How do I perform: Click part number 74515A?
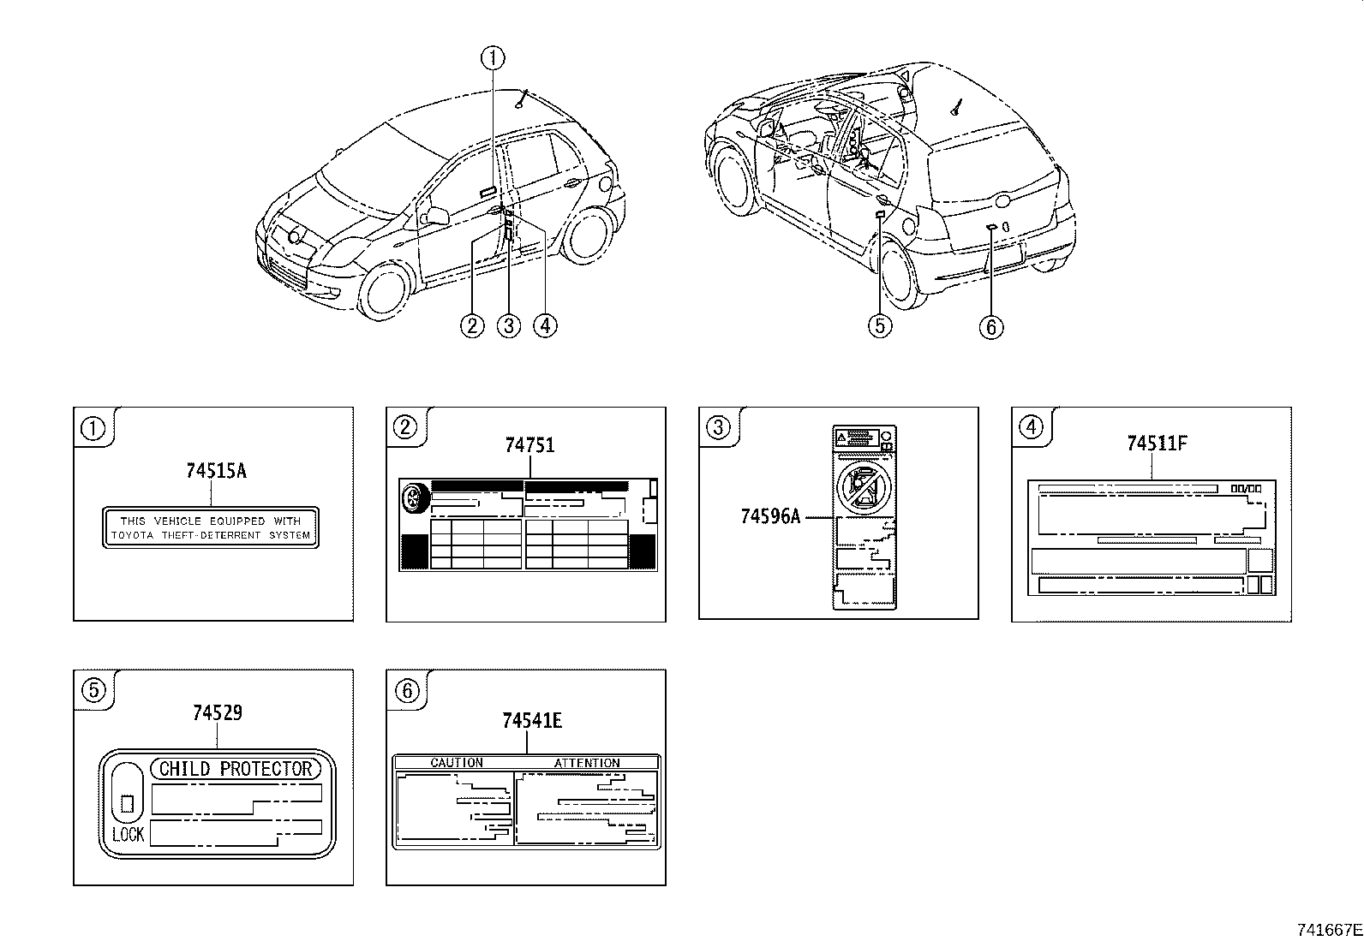(216, 470)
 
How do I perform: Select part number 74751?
(529, 445)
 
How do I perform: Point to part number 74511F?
(1157, 443)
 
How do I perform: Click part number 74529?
(217, 712)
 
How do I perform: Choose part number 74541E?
(531, 721)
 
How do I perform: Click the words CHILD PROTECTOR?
(236, 768)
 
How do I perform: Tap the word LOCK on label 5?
(129, 833)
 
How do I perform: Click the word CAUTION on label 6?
(457, 762)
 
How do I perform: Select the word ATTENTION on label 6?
(587, 762)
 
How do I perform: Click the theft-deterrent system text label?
(210, 527)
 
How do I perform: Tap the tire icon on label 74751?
(415, 497)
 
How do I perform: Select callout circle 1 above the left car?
(493, 58)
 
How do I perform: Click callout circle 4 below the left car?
(544, 325)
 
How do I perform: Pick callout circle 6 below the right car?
(990, 326)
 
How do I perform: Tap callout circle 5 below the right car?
(880, 325)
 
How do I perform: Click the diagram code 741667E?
(1328, 929)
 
